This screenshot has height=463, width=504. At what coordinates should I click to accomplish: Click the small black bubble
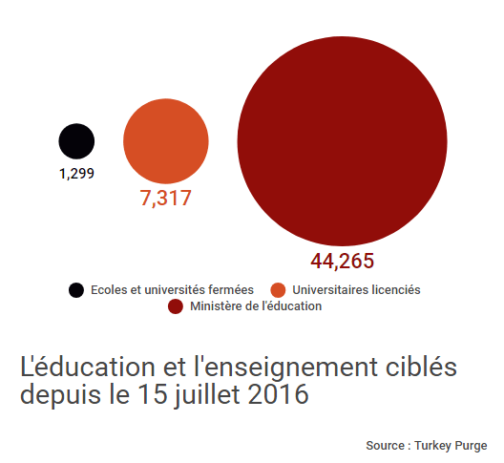76,141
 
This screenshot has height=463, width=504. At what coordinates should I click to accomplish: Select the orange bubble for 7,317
166,141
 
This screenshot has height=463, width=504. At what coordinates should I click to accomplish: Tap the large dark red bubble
342,140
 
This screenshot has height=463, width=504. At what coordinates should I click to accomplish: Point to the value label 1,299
76,175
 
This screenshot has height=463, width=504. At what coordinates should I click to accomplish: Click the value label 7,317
166,199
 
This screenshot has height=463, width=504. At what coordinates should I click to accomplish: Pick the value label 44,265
342,261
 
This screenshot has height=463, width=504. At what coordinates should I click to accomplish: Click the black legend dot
75,289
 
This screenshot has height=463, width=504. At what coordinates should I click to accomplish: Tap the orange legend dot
279,289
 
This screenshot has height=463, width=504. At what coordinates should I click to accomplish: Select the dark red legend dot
176,306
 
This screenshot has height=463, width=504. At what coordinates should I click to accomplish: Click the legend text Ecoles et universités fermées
172,289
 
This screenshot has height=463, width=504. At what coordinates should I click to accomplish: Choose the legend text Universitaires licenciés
356,289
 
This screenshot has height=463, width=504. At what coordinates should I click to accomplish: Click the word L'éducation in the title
78,367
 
